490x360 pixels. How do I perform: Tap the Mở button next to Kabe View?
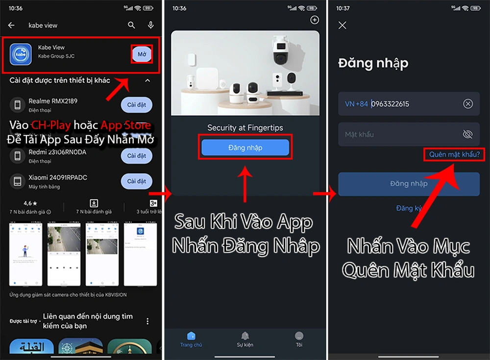142,54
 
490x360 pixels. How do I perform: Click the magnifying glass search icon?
131,26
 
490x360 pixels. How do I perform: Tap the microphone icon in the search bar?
151,26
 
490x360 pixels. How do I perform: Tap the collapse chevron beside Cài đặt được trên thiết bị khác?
147,80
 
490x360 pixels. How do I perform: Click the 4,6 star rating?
30,203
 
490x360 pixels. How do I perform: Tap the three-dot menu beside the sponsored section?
147,321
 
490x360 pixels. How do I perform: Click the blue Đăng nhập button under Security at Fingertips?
245,148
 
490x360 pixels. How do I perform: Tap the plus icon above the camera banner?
315,20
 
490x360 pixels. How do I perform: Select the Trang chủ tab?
191,338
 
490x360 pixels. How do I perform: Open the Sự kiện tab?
245,338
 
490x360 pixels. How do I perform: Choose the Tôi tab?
299,338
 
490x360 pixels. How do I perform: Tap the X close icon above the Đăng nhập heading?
343,26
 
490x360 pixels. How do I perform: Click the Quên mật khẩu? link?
454,154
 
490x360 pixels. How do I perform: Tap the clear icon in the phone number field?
468,104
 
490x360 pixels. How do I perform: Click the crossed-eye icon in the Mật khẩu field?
467,134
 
